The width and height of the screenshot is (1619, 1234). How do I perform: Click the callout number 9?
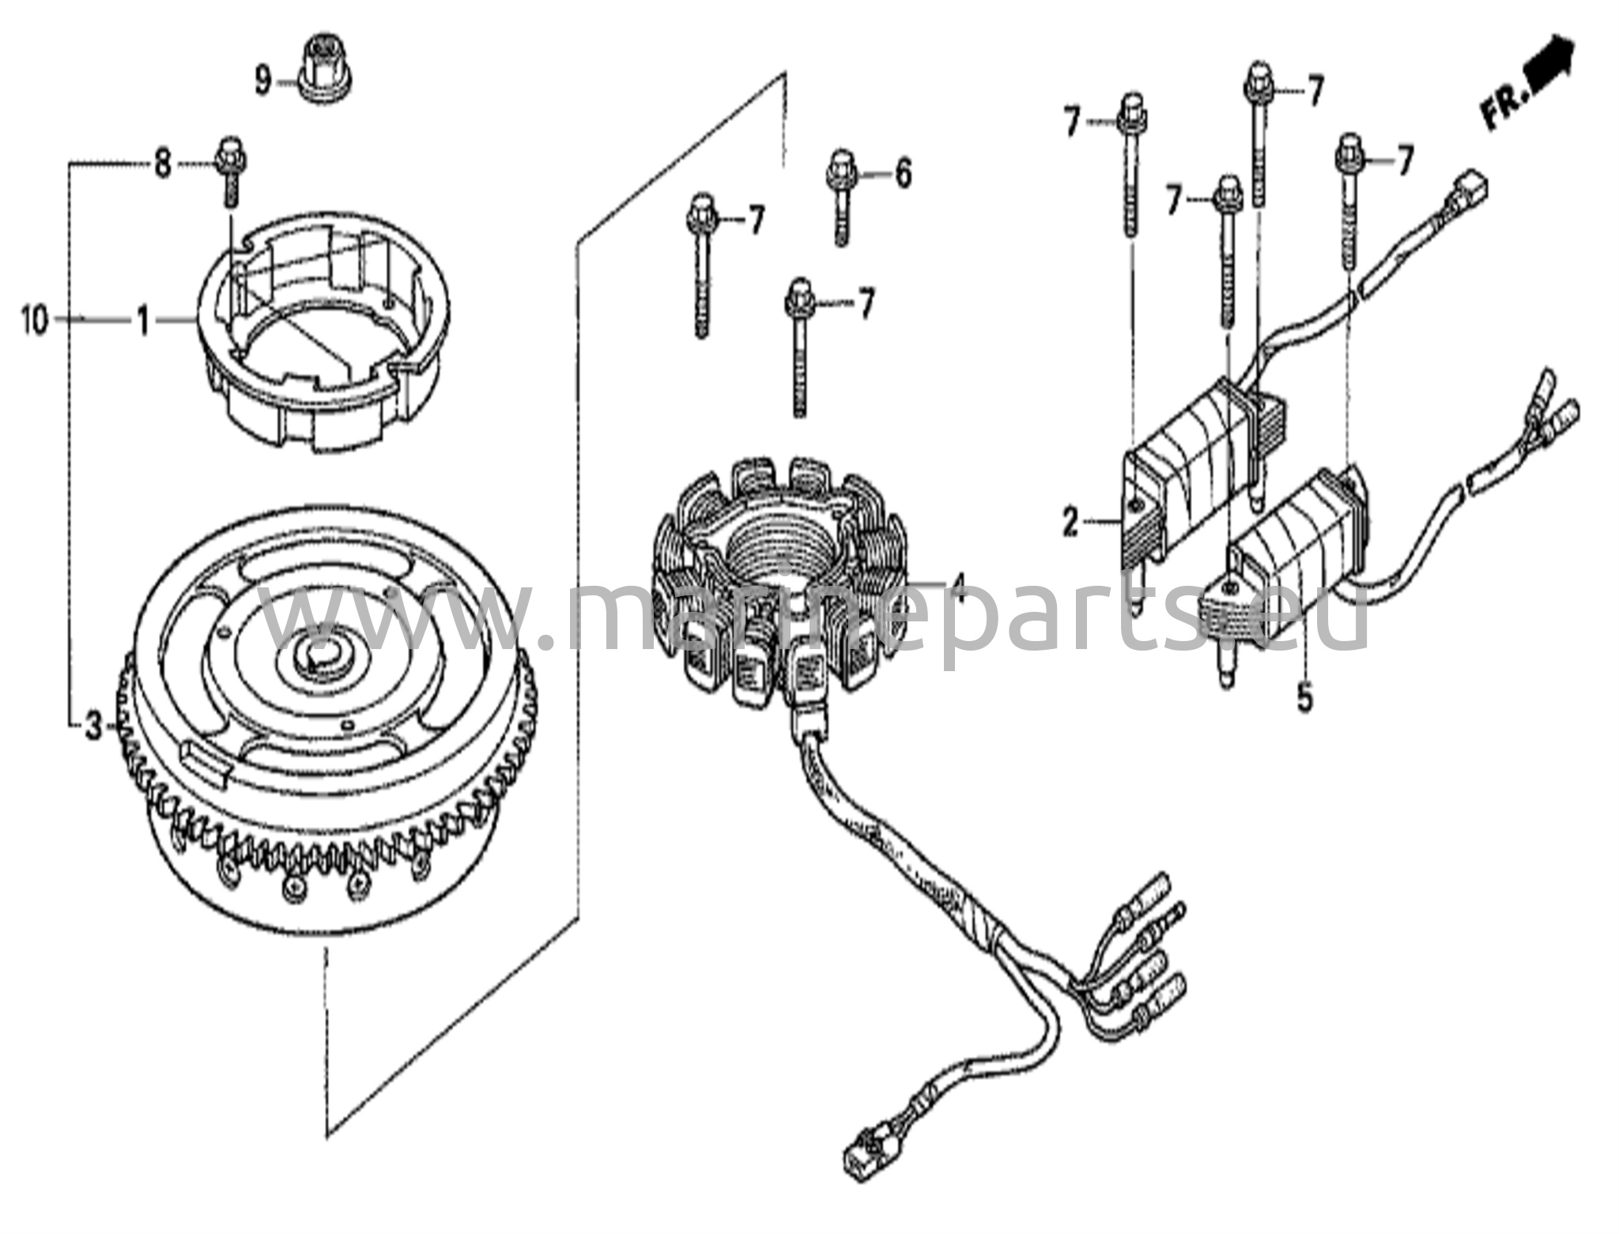coord(263,79)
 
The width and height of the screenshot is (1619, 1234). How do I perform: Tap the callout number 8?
coord(162,164)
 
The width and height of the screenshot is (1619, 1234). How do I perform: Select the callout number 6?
coord(903,172)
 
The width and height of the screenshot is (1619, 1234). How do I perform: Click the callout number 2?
coord(1070,500)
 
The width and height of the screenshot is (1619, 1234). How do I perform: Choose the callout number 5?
coord(1304,698)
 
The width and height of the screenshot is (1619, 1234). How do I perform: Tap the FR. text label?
coord(1501,109)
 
